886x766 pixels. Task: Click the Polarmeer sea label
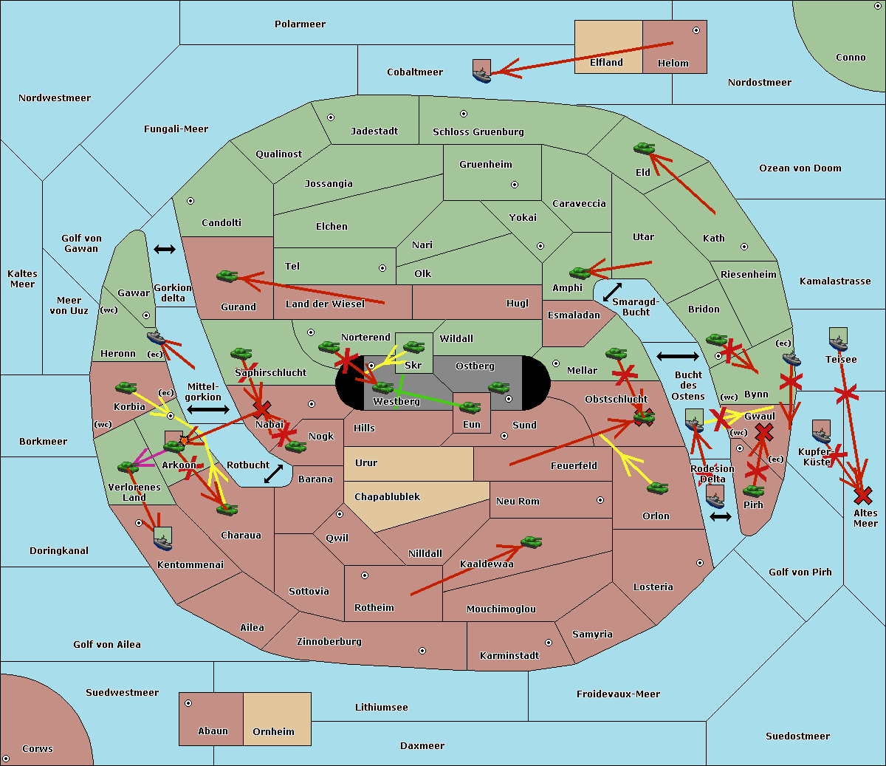click(x=300, y=24)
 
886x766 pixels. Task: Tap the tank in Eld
click(x=644, y=148)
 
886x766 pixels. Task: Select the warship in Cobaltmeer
click(x=481, y=72)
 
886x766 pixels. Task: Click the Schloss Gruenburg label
click(x=478, y=131)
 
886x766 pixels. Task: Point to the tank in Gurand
click(x=227, y=276)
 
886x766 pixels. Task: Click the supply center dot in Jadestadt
click(x=331, y=117)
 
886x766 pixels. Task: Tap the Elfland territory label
click(x=606, y=63)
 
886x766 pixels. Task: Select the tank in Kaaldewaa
click(x=531, y=541)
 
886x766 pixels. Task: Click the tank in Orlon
click(x=658, y=488)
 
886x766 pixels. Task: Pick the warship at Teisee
click(x=838, y=339)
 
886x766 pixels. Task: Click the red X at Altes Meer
click(x=863, y=496)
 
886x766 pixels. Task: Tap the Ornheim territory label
click(x=273, y=731)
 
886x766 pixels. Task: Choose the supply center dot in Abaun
click(x=188, y=703)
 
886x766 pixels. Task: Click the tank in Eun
click(x=470, y=407)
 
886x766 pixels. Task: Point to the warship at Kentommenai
click(x=163, y=538)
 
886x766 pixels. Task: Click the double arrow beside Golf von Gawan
click(x=165, y=249)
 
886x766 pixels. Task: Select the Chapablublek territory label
click(x=387, y=496)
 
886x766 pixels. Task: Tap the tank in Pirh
click(x=753, y=490)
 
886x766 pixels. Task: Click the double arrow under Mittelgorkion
click(x=208, y=409)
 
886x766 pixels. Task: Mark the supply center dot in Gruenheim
click(x=515, y=185)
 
